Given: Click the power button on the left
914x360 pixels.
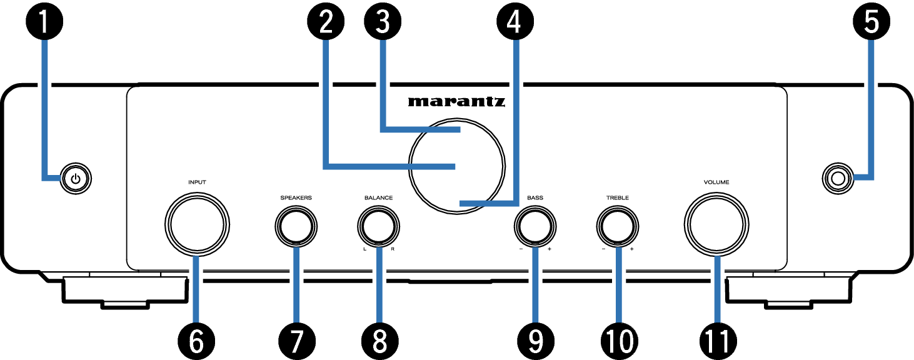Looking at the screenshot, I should [76, 180].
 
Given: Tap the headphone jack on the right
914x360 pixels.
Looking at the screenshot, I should [837, 180].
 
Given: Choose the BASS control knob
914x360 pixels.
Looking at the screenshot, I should [535, 225].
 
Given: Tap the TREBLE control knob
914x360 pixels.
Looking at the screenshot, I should [617, 225].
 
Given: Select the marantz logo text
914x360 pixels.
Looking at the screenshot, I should [456, 102].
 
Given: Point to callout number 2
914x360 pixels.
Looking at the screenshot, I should [324, 22].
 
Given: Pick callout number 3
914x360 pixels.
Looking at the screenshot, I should [383, 22].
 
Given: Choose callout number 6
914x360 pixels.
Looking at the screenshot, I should [196, 341].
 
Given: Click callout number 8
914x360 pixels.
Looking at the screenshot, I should [378, 341].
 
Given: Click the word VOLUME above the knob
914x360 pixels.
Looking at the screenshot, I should [716, 182].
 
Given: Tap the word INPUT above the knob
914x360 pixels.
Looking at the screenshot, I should [197, 182].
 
